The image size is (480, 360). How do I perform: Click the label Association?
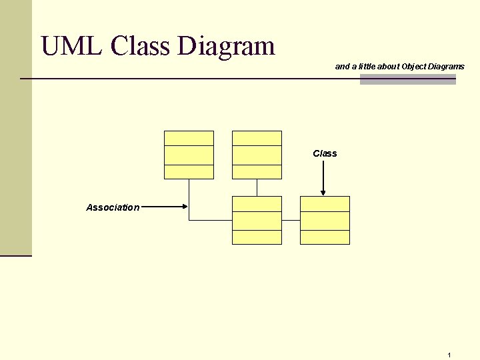113,207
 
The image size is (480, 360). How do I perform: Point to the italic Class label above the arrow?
325,153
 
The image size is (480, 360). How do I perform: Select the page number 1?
450,355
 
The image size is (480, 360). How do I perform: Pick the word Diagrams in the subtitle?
447,67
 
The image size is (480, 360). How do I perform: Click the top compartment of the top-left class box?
189,138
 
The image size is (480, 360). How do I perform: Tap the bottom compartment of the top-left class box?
189,171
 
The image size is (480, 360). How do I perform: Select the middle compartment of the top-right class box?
257,155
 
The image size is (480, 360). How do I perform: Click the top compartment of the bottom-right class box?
325,203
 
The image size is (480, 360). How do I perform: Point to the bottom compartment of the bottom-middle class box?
257,237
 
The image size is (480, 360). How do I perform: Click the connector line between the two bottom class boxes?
291,220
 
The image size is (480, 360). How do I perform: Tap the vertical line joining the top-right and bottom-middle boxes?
257,187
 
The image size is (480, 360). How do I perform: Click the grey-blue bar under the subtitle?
407,80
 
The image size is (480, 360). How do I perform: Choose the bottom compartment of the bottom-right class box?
325,237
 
